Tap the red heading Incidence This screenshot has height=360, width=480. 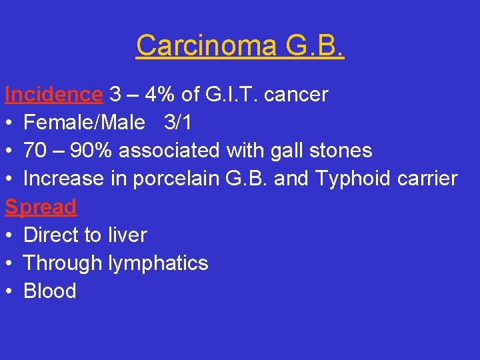(x=53, y=95)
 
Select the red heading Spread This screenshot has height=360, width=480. (x=41, y=207)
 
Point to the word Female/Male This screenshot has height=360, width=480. (x=84, y=123)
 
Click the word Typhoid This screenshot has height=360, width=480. (x=365, y=179)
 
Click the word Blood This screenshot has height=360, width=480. (x=50, y=291)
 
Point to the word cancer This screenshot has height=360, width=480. (x=297, y=95)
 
